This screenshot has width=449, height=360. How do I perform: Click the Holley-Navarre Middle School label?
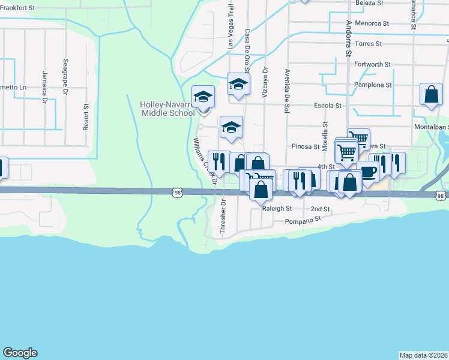click(167, 108)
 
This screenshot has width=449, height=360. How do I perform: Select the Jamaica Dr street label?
click(44, 88)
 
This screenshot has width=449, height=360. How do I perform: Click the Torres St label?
click(369, 44)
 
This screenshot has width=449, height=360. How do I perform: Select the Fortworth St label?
click(372, 64)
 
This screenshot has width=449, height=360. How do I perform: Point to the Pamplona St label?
click(373, 85)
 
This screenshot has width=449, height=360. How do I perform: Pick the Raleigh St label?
click(277, 209)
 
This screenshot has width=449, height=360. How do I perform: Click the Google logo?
click(20, 353)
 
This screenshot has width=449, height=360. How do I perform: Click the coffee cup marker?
click(367, 171)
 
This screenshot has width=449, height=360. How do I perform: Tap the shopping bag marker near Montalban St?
click(431, 94)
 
